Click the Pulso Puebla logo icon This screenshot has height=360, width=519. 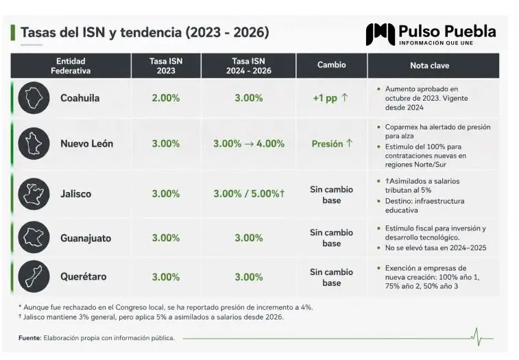pos(381,34)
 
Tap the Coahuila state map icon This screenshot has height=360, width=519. pos(34,98)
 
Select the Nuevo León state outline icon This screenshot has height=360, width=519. pos(34,144)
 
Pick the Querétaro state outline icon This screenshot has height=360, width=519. pos(34,276)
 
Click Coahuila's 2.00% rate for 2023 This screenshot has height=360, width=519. pos(166,98)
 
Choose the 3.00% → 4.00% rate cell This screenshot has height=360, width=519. pos(249,144)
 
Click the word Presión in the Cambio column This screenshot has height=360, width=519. pos(327,144)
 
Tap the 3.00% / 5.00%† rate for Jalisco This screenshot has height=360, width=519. pos(249,194)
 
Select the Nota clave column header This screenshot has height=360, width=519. pos(430,66)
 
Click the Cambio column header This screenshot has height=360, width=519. pos(331,64)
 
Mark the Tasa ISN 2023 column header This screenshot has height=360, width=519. pos(166,66)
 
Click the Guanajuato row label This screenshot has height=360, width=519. pos(86,238)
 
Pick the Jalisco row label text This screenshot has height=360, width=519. pos(76,194)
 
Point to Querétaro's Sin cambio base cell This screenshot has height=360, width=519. pos(331,278)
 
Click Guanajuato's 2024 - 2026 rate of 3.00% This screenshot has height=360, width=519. pos(249,238)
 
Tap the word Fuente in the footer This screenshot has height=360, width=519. pos(29,338)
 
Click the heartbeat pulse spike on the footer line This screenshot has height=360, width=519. pos(477,337)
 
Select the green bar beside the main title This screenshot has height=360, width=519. pos(13,32)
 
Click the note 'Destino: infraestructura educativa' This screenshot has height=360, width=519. pos(424,206)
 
